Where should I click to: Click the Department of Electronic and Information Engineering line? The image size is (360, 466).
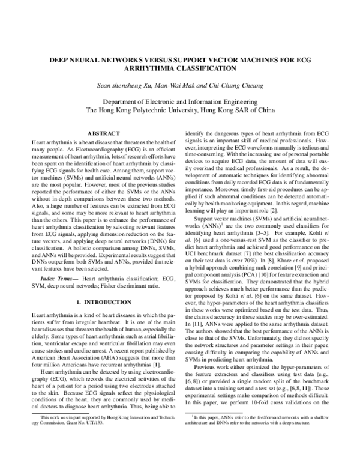click(x=180, y=102)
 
